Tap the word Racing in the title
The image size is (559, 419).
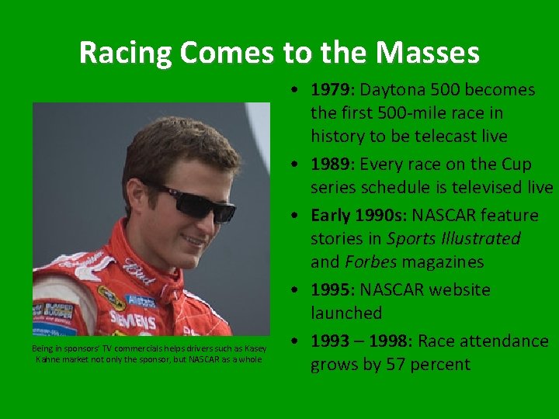coord(125,53)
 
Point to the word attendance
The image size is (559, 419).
coord(505,341)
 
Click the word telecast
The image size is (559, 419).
coord(437,137)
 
